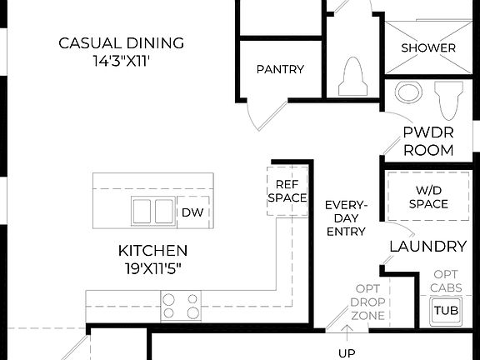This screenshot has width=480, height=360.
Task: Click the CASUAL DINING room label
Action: (x=122, y=43)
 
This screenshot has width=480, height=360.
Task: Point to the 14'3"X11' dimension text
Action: (x=122, y=60)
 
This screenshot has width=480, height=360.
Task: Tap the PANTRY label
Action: (x=280, y=69)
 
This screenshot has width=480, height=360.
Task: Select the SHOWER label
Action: (x=428, y=47)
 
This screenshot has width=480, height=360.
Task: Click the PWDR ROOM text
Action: (x=428, y=141)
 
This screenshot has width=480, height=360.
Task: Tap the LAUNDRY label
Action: (x=427, y=247)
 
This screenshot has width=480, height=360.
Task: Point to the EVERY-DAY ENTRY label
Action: (x=346, y=218)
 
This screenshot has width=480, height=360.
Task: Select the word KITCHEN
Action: (x=152, y=250)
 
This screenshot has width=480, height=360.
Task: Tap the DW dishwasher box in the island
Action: (x=190, y=212)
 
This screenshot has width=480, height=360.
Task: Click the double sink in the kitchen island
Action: (x=152, y=212)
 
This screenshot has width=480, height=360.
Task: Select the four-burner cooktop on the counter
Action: (x=181, y=305)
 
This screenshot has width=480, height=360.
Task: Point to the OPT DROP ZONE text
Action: (x=367, y=301)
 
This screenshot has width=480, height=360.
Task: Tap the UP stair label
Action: (x=346, y=352)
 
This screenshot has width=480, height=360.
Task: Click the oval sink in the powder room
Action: (x=408, y=92)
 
